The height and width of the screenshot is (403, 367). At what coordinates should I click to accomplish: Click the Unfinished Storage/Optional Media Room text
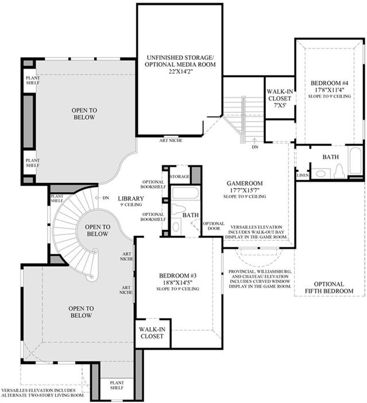coord(180,64)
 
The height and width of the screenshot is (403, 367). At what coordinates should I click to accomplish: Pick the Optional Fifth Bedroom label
coord(329,287)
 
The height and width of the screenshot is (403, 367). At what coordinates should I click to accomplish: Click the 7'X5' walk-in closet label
coord(280,98)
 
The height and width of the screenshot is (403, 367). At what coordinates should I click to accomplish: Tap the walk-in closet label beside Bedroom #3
coord(152,333)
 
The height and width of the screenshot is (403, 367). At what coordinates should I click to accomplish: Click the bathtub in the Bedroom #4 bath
coord(356,160)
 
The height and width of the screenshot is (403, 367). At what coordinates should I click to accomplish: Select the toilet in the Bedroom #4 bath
coord(339,171)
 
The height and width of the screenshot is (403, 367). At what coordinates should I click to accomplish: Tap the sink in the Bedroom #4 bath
coord(321,173)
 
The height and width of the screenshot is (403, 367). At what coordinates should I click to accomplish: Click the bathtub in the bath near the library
coord(185,194)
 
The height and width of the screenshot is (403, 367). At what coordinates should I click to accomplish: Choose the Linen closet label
coord(303,175)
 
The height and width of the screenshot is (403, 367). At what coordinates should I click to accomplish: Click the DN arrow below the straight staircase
coord(254,141)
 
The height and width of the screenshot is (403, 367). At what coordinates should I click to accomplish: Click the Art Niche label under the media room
coord(171,140)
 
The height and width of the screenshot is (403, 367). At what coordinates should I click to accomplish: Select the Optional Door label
coord(214,226)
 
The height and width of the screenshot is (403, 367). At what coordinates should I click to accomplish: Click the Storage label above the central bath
coord(180,176)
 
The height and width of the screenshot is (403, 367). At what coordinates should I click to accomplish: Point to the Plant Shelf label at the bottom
coord(117,385)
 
